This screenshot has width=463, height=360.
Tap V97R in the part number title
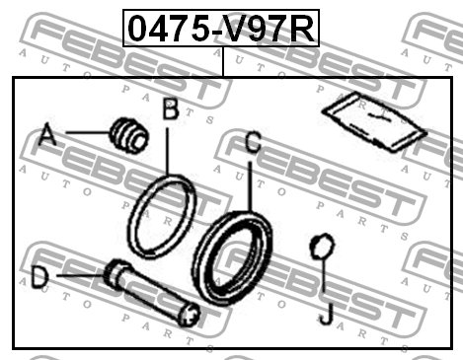click(x=270, y=29)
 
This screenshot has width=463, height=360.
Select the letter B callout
click(x=170, y=109)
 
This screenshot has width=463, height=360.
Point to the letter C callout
click(x=253, y=144)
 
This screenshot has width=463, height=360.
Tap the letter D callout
click(x=39, y=277)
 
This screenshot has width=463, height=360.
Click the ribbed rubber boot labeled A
click(x=128, y=135)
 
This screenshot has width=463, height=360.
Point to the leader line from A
click(x=84, y=134)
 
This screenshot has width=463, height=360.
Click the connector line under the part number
click(x=223, y=60)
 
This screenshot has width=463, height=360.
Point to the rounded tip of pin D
click(x=192, y=316)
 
